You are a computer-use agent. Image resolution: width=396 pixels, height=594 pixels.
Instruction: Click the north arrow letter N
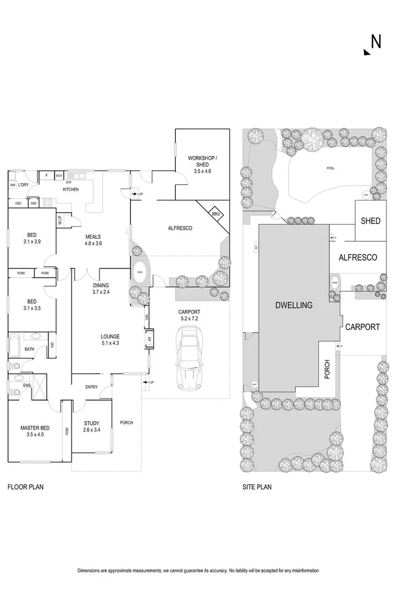pyautogui.click(x=376, y=41)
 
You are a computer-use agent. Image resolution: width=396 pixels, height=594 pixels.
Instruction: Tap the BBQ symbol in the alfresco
pyautogui.click(x=216, y=213)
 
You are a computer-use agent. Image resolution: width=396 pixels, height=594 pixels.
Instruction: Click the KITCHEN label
pyautogui.click(x=72, y=190)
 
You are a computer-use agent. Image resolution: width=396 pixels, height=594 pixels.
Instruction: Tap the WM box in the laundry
pyautogui.click(x=13, y=185)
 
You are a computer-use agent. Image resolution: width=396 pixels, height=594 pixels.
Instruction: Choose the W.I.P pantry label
pyautogui.click(x=61, y=221)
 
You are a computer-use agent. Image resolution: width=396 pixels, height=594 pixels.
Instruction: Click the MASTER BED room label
pyautogui.click(x=35, y=431)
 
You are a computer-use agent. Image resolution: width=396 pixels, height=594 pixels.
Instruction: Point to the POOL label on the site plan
pyautogui.click(x=331, y=169)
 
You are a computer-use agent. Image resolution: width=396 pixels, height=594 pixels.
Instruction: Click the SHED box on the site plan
pyautogui.click(x=371, y=221)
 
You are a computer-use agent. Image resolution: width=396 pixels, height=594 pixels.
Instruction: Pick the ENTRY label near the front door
pyautogui.click(x=92, y=388)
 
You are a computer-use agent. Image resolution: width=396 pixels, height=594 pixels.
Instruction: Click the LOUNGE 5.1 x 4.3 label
pyautogui.click(x=110, y=340)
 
